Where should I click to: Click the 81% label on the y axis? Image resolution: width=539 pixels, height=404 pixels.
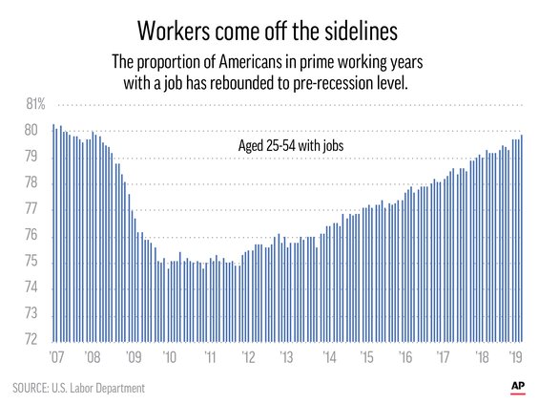click(x=35, y=104)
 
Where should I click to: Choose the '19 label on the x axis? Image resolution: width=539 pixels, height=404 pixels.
click(x=518, y=356)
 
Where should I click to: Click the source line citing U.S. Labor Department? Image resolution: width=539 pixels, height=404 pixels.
click(x=79, y=388)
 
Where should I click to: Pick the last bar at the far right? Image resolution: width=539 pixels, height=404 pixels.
click(x=522, y=238)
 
